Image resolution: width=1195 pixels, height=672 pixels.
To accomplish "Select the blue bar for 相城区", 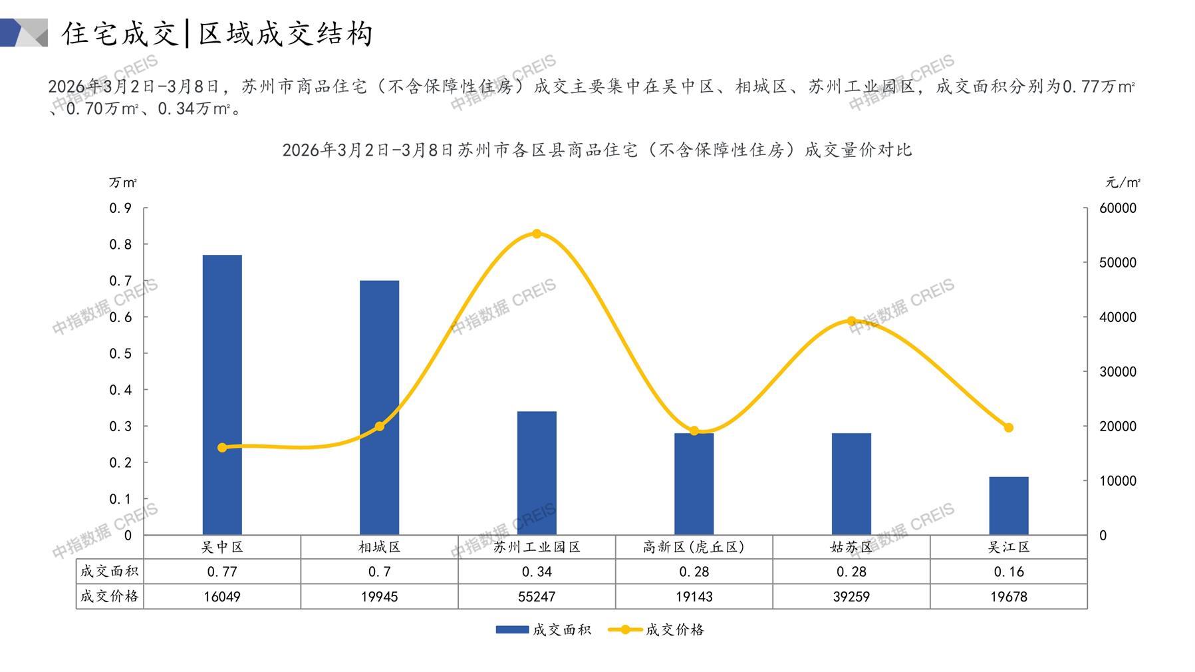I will pyautogui.click(x=379, y=407).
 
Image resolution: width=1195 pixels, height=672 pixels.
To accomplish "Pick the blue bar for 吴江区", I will pyautogui.click(x=1008, y=506).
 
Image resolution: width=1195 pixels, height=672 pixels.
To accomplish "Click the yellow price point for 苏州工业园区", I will pyautogui.click(x=537, y=234).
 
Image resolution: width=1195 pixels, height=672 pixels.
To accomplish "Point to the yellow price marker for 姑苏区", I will pyautogui.click(x=851, y=321).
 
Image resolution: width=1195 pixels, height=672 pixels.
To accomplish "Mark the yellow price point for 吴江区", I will pyautogui.click(x=1008, y=428).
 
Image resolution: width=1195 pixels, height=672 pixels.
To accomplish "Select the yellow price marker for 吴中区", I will pyautogui.click(x=222, y=448).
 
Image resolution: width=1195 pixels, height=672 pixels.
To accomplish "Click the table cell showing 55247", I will pyautogui.click(x=537, y=597).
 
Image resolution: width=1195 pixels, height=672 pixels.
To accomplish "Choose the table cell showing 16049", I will pyautogui.click(x=222, y=597).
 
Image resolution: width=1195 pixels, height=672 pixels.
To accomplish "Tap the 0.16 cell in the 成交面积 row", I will pyautogui.click(x=1008, y=572).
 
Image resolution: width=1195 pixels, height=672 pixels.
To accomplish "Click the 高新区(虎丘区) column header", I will pyautogui.click(x=694, y=547).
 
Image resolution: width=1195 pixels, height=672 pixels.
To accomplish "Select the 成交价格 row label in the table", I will pyautogui.click(x=110, y=596).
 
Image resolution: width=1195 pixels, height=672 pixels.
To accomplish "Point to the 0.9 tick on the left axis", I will pyautogui.click(x=120, y=208).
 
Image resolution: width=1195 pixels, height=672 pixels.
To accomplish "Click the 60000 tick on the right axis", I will pyautogui.click(x=1118, y=208).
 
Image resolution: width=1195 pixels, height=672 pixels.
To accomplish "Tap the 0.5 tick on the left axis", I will pyautogui.click(x=120, y=353).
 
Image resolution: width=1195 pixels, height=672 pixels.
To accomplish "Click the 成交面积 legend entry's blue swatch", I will pyautogui.click(x=512, y=629).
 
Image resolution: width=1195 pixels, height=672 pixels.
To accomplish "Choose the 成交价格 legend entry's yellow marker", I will pyautogui.click(x=625, y=629).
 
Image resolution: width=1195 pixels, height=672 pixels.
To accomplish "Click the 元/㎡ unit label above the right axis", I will pyautogui.click(x=1123, y=182).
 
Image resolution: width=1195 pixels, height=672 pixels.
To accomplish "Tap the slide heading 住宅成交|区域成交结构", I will pyautogui.click(x=217, y=33).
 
